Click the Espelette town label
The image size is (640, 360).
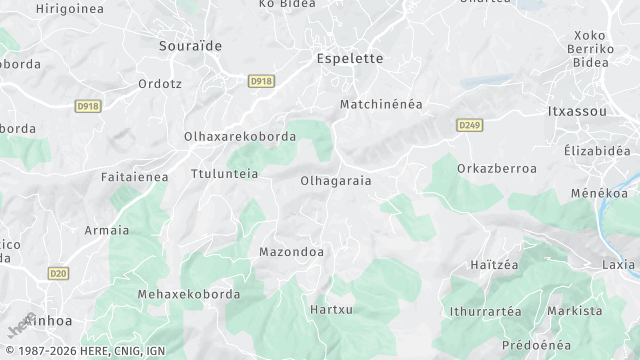coord(350,58)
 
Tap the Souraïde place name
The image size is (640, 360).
coord(190,46)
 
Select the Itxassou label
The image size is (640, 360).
coord(578,112)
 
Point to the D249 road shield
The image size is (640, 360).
coord(469,125)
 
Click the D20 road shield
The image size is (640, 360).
coord(58,273)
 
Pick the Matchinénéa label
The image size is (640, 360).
coord(381,104)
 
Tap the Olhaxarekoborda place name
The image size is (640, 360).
coord(240,136)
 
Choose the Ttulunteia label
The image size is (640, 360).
coord(224,174)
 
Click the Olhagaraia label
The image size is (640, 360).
coord(336,181)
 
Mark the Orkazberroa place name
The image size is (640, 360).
coord(497,168)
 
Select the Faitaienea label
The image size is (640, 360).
coord(134,177)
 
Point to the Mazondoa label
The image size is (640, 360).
coord(292,252)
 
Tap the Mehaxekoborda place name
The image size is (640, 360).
coord(189,295)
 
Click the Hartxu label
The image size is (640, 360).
coord(332,309)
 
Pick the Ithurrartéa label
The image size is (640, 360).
coord(487,312)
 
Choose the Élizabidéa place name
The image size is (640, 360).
coord(597,151)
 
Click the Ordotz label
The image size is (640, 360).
coord(159,84)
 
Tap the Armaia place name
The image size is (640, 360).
coord(107,230)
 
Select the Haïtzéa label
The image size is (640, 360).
coord(494,265)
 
